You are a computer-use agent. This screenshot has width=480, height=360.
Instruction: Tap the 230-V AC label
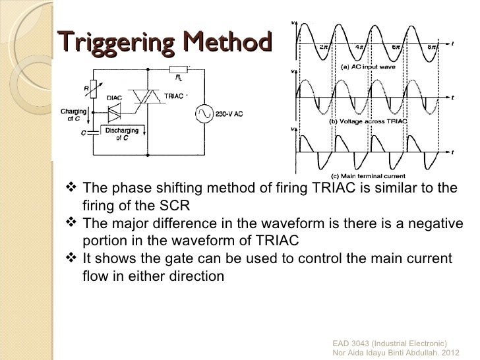click(x=229, y=114)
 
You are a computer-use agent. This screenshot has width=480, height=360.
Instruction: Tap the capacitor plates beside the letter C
click(x=92, y=132)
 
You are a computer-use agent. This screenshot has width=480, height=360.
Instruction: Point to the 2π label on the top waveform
click(x=324, y=47)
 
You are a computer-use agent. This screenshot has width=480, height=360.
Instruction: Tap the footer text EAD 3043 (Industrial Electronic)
click(x=390, y=344)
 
